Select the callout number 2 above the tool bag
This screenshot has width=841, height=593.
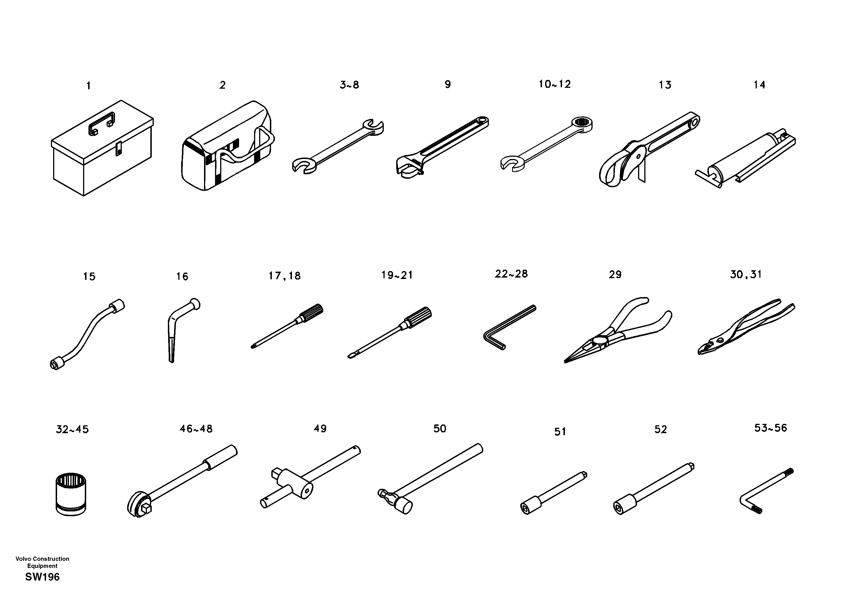[x=222, y=85]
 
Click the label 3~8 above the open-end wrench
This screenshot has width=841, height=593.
[x=350, y=85]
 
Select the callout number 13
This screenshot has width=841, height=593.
[x=665, y=85]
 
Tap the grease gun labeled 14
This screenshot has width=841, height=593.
[x=744, y=157]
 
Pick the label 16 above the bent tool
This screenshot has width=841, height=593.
[x=182, y=277]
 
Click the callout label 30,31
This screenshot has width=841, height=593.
[x=746, y=274]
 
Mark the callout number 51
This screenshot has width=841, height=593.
[x=560, y=432]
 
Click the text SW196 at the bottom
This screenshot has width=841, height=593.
[x=42, y=577]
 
